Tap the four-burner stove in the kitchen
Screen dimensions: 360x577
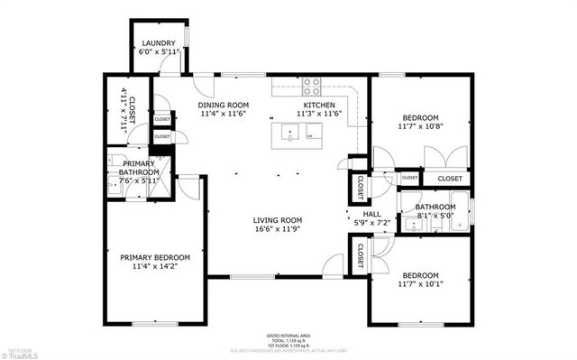(x=311, y=88)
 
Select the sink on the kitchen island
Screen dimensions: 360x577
(x=290, y=136)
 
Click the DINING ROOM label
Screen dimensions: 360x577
(x=223, y=106)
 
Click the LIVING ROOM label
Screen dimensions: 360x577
(x=277, y=220)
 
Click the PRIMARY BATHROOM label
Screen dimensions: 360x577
(x=140, y=168)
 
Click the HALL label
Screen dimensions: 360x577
(x=371, y=213)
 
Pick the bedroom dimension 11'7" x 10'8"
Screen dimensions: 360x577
(x=420, y=128)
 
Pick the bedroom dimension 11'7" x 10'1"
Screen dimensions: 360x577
(x=420, y=285)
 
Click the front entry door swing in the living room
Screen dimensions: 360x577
(x=334, y=264)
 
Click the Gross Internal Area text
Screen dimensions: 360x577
(x=288, y=334)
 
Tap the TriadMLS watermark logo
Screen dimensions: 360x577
(x=20, y=354)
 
